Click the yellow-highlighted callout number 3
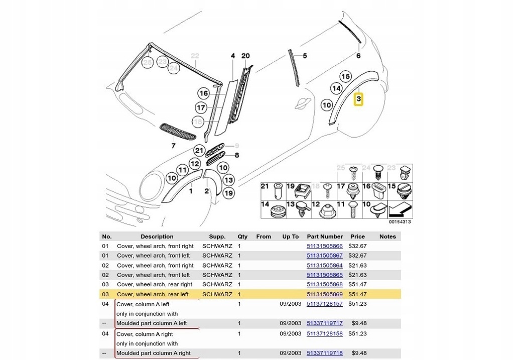(358, 99)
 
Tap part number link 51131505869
(325, 294)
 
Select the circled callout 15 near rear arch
(345, 77)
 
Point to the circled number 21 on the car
(199, 151)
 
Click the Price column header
(357, 236)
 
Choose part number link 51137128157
(325, 304)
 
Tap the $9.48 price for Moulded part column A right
(359, 353)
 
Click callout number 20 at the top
(245, 56)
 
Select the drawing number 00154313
(400, 221)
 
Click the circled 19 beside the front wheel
(229, 193)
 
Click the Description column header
(157, 236)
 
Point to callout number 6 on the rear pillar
(358, 56)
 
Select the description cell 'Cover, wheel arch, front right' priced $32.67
(155, 246)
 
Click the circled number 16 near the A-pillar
(204, 93)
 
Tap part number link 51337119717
(325, 323)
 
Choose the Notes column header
(388, 236)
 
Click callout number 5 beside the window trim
(305, 56)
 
